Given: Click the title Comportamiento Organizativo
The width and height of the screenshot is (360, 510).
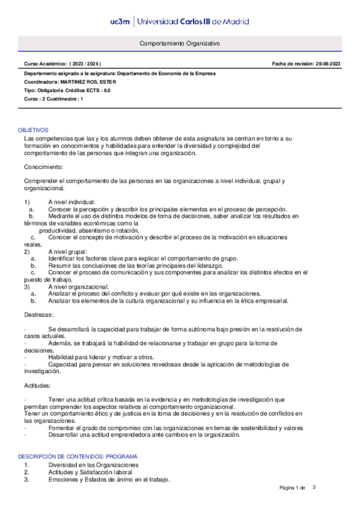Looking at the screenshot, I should click(x=180, y=44).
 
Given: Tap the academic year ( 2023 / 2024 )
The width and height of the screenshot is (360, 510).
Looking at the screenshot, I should click(x=85, y=63).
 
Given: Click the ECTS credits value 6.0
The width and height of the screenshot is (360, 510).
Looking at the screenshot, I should click(x=106, y=90).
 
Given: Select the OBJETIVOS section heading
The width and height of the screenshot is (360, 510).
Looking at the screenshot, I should click(x=33, y=130).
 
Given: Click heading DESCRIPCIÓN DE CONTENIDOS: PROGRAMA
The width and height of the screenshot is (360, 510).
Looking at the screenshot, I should click(x=78, y=456).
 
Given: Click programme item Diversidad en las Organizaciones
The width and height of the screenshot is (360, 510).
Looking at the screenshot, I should click(x=93, y=465).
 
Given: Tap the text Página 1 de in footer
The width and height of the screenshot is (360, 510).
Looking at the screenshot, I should click(x=293, y=487).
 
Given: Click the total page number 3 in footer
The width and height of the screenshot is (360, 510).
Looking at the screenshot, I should click(x=313, y=487).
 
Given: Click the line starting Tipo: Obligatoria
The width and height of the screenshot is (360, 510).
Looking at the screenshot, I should click(x=67, y=90).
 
